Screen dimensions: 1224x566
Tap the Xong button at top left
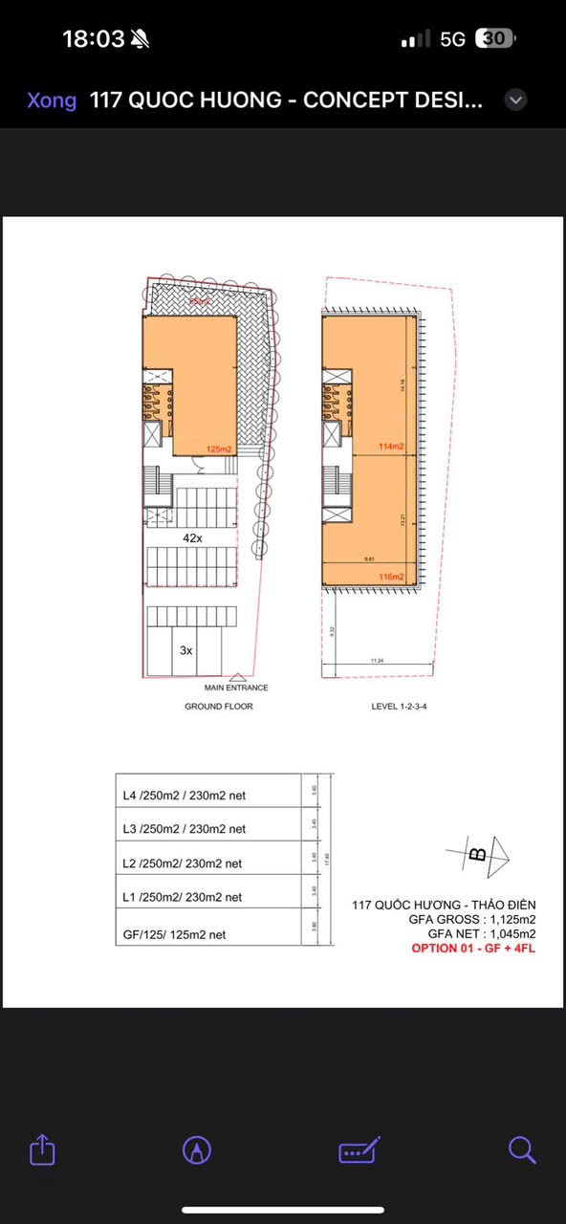52,100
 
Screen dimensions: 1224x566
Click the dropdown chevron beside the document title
515,99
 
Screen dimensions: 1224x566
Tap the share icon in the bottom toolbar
43,1149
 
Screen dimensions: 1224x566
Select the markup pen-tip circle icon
197,1150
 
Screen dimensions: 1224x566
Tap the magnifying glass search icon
522,1149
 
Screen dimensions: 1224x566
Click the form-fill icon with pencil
359,1149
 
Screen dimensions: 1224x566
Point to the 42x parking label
193,538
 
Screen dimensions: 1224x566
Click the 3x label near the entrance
186,649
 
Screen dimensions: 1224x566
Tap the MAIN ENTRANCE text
236,688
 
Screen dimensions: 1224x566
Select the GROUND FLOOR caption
218,707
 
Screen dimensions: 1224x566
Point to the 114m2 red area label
390,447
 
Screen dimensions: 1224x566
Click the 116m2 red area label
390,577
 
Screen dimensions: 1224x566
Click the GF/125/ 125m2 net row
175,934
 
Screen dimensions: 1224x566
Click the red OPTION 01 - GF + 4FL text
473,949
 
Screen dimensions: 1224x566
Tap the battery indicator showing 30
496,39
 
